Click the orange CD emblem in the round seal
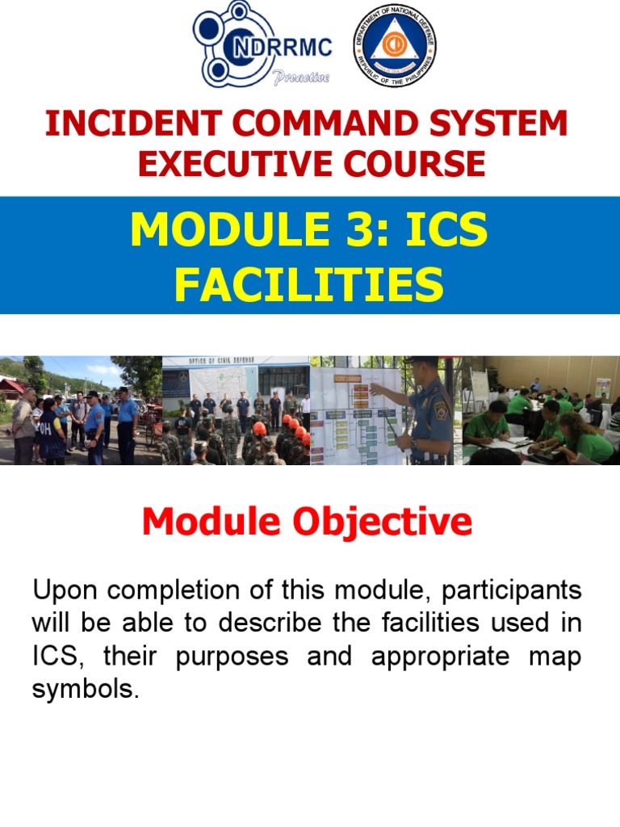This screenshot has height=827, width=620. (395, 46)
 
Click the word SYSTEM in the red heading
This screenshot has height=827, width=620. (499, 124)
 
